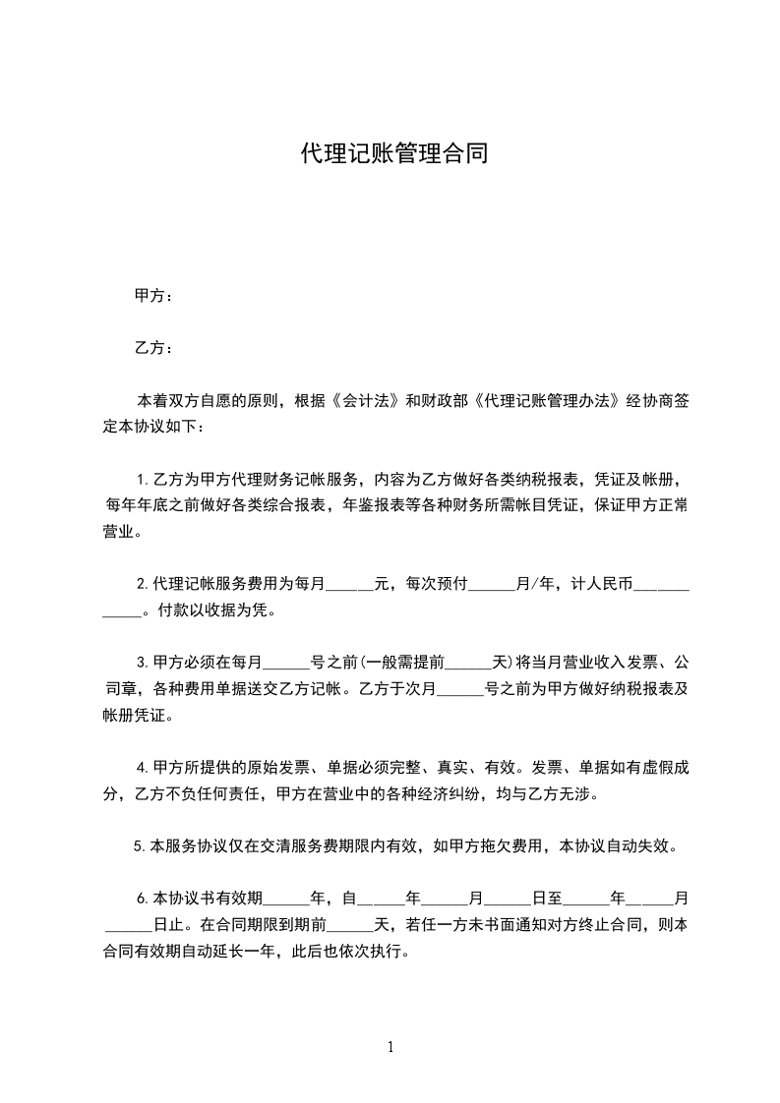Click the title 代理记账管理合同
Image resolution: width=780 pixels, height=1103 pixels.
point(392,154)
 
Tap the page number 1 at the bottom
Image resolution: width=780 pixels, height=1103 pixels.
point(390,1047)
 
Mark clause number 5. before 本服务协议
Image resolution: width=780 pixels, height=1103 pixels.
point(139,844)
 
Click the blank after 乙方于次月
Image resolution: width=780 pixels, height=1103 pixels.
point(460,689)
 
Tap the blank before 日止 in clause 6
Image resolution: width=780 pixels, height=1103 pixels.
point(128,927)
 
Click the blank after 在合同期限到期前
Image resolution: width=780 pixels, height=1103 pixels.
point(350,927)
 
